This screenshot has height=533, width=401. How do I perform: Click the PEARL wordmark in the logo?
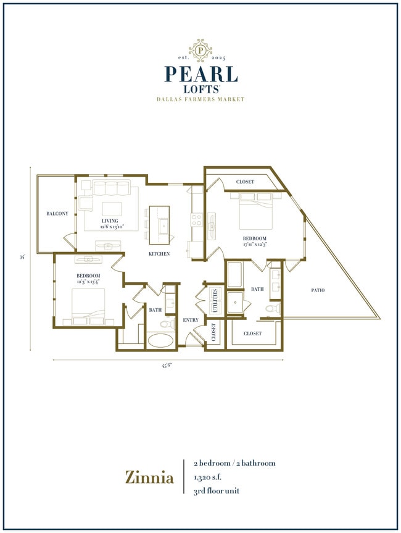(x=200, y=74)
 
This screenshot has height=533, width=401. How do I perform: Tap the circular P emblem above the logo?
(x=200, y=49)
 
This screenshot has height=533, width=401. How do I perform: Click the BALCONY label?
(x=57, y=214)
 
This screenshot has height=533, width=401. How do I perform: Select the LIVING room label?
(x=110, y=220)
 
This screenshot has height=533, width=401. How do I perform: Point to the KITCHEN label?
(x=159, y=254)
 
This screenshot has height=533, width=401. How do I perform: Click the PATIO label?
(x=318, y=290)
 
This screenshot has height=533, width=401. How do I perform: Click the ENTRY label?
(x=190, y=320)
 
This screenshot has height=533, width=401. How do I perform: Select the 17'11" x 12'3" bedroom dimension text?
(x=254, y=245)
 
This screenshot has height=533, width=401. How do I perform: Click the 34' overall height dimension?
(x=22, y=258)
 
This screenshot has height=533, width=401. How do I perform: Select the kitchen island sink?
(x=164, y=226)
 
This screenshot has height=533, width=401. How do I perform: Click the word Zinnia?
(x=149, y=477)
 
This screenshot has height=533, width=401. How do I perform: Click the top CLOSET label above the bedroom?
(x=245, y=182)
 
